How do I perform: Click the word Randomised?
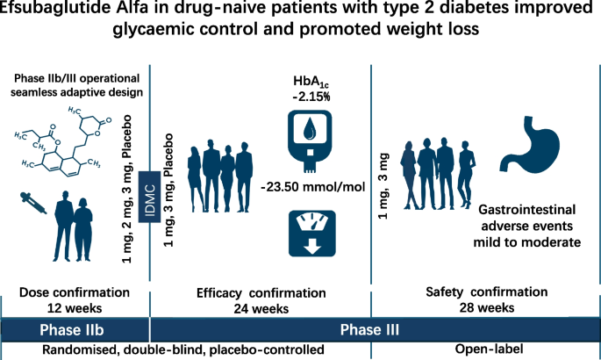click(75, 350)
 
